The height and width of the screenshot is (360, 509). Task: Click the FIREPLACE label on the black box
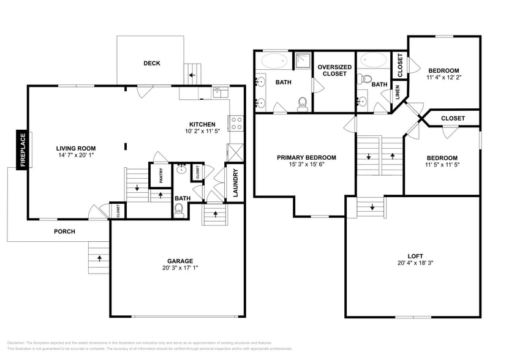pyautogui.click(x=23, y=150)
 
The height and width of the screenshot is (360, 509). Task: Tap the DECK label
pyautogui.click(x=152, y=63)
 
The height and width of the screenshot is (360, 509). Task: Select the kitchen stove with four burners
pyautogui.click(x=235, y=122)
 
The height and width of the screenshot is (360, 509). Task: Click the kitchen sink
pyautogui.click(x=221, y=92)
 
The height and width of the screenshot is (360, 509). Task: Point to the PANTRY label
pyautogui.click(x=162, y=176)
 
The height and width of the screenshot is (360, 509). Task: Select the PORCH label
pyautogui.click(x=64, y=231)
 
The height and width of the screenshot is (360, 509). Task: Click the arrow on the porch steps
pyautogui.click(x=99, y=258)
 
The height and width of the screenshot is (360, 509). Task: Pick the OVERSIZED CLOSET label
pyautogui.click(x=334, y=70)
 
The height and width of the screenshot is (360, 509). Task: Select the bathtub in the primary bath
pyautogui.click(x=275, y=61)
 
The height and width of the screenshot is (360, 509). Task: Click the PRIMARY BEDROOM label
pyautogui.click(x=306, y=157)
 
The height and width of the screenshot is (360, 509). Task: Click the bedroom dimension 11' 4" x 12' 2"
pyautogui.click(x=443, y=78)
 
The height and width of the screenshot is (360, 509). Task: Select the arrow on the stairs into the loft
pyautogui.click(x=373, y=207)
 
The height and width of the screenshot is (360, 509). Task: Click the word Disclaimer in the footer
pyautogui.click(x=18, y=343)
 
